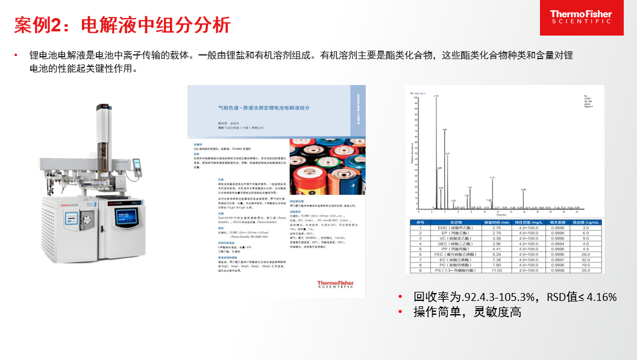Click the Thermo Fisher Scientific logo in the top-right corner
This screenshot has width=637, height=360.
tap(580, 17)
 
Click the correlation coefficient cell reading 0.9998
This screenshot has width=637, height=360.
tap(558, 270)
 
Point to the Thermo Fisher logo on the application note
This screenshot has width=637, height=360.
tap(335, 285)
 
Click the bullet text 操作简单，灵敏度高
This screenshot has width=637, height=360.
tap(467, 312)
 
